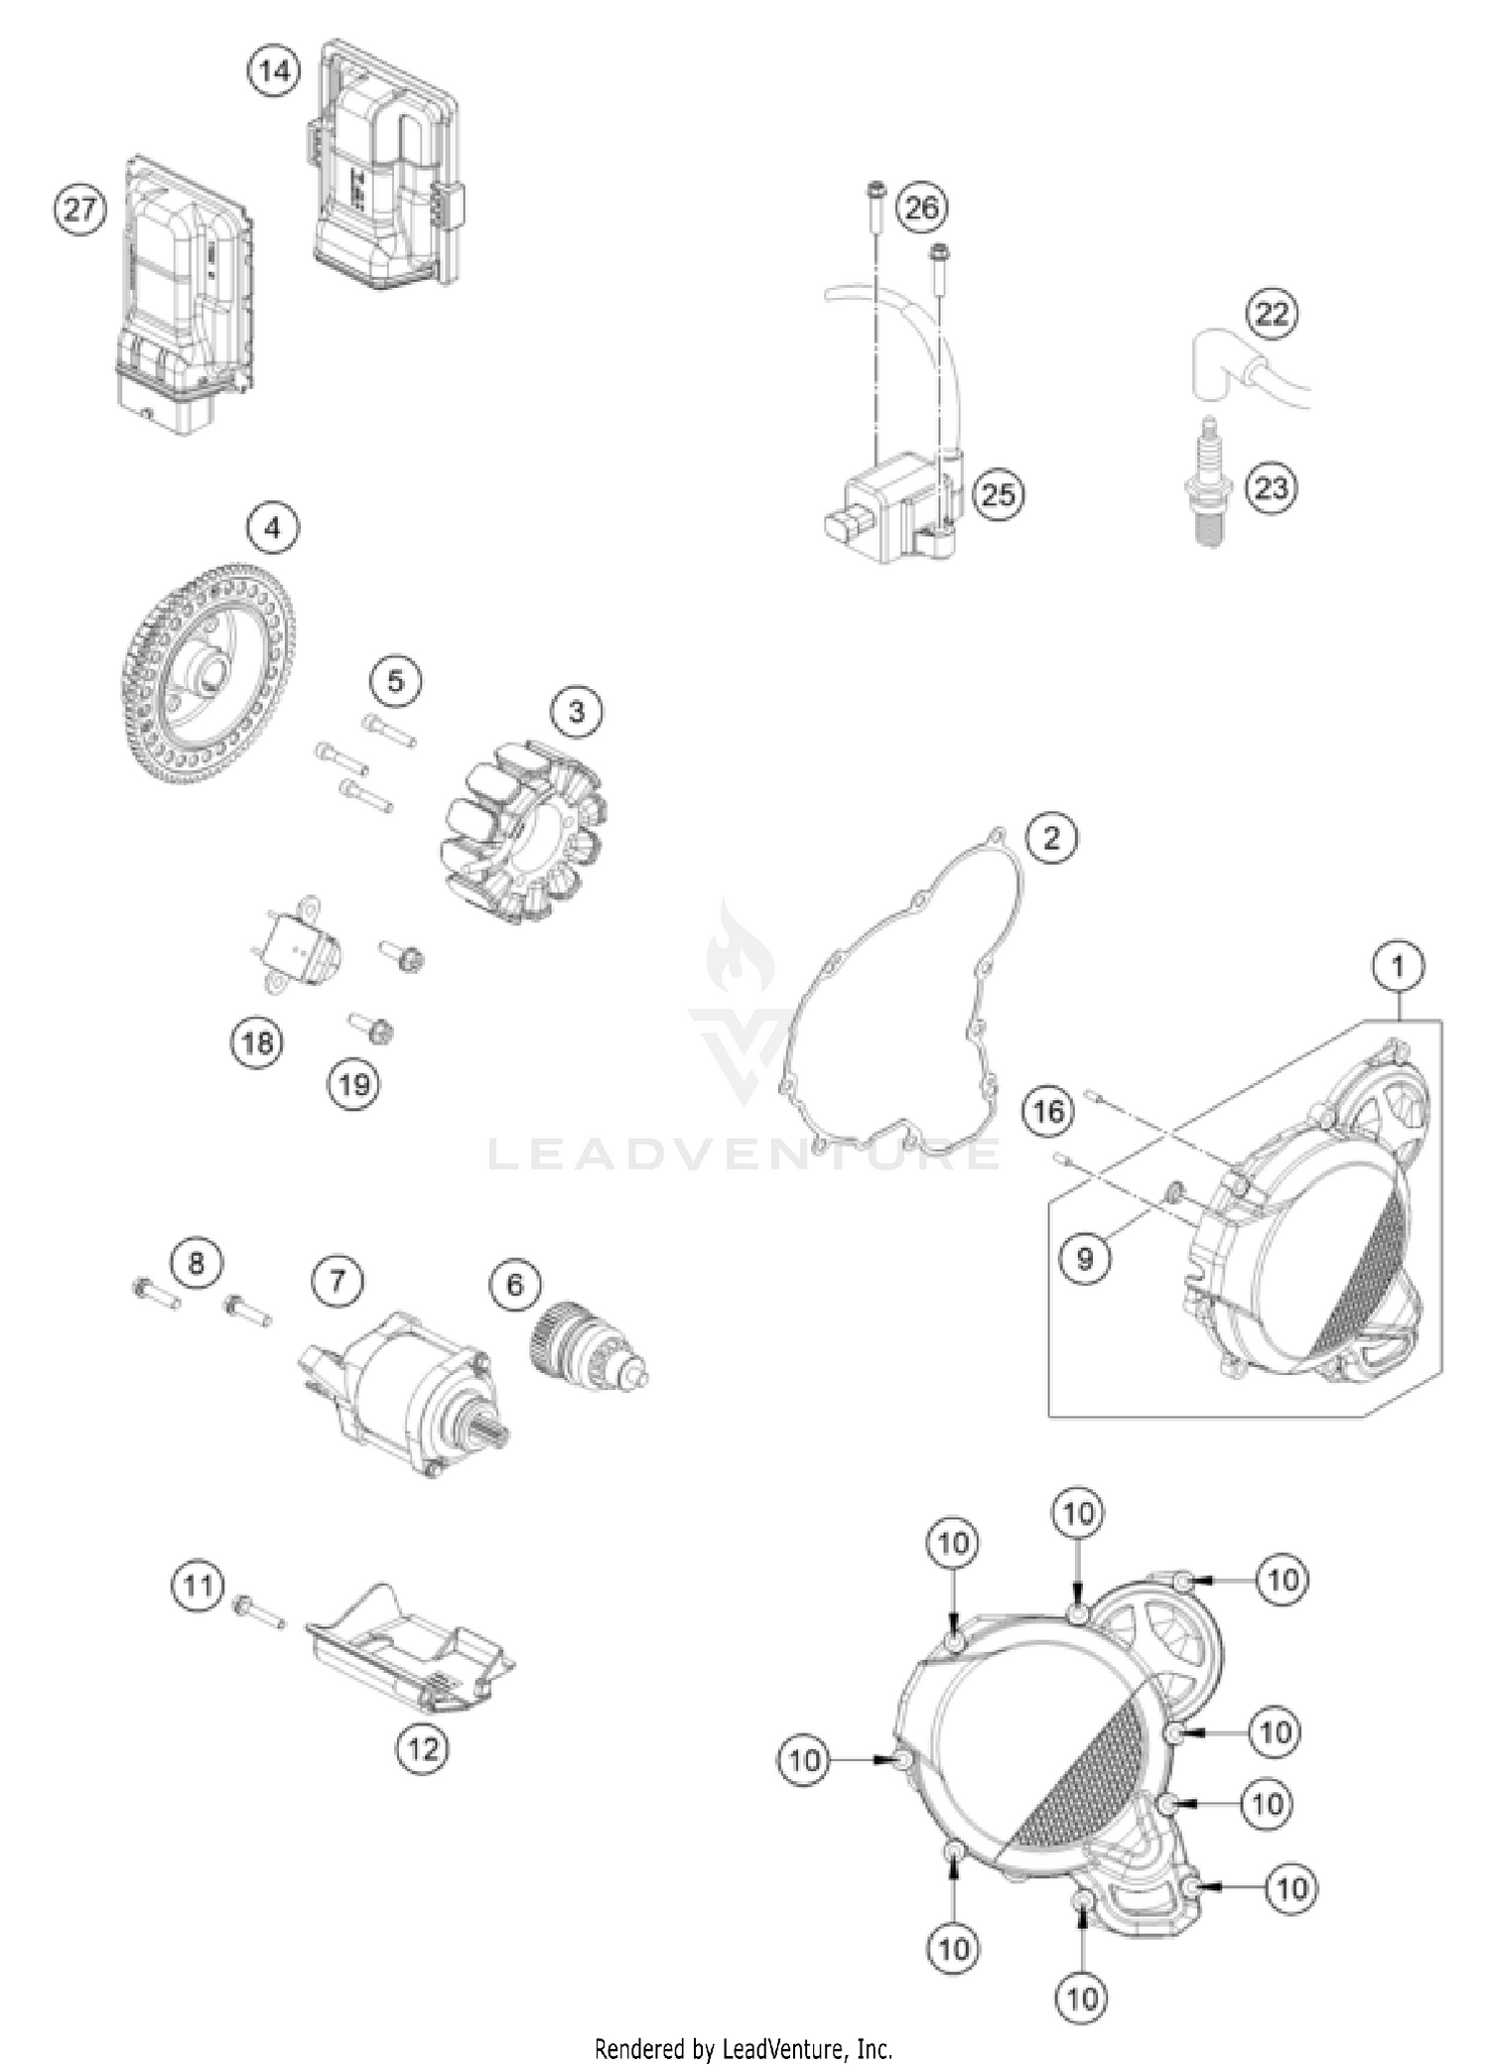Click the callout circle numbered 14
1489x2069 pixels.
coord(274,71)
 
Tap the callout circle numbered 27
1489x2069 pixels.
coord(79,209)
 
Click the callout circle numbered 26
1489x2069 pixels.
coord(921,207)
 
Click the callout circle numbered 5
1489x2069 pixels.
coord(395,682)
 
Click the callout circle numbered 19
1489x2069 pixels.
coord(354,1084)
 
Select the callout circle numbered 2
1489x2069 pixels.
coord(1051,838)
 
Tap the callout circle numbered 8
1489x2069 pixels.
coord(196,1263)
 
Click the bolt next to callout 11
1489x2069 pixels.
coord(259,1613)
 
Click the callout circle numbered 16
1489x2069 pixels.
coord(1048,1111)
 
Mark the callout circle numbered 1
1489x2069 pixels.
coord(1399,965)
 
